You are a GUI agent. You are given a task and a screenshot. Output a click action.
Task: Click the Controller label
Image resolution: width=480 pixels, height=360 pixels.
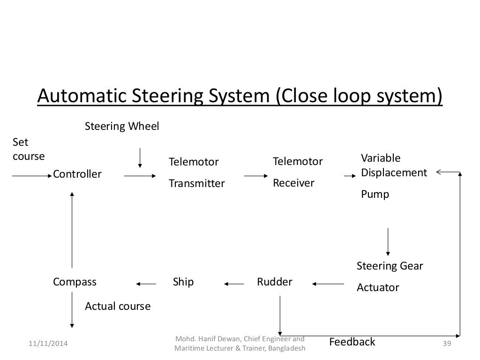(x=77, y=174)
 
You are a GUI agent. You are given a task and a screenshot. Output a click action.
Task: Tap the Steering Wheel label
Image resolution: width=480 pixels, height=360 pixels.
(x=122, y=127)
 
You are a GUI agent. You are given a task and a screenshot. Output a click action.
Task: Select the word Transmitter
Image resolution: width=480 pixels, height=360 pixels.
(x=197, y=183)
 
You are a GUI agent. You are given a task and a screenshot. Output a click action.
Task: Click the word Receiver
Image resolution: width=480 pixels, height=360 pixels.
(x=293, y=183)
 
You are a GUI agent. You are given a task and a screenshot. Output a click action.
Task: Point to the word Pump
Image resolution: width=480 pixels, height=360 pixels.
(x=375, y=194)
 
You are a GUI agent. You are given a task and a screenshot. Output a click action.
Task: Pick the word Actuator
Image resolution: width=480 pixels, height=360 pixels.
(x=378, y=287)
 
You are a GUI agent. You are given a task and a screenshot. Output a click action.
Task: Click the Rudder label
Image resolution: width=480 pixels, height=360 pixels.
(x=275, y=282)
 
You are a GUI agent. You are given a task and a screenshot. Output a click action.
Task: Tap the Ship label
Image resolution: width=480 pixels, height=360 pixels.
(x=183, y=282)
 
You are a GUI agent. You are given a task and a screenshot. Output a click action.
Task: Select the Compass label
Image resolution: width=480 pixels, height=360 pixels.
(x=75, y=282)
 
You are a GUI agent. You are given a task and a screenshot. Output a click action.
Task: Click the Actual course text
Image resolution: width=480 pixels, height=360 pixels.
(x=118, y=307)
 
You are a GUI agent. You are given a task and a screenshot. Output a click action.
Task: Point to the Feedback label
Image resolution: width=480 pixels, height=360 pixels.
(x=352, y=342)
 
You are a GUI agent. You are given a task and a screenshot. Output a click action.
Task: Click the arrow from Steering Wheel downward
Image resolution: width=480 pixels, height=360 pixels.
(x=140, y=157)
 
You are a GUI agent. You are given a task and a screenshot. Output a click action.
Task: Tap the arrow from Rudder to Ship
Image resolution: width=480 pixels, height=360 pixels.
(x=234, y=283)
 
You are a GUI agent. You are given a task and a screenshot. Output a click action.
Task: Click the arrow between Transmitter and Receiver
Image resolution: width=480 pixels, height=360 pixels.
(x=255, y=176)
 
